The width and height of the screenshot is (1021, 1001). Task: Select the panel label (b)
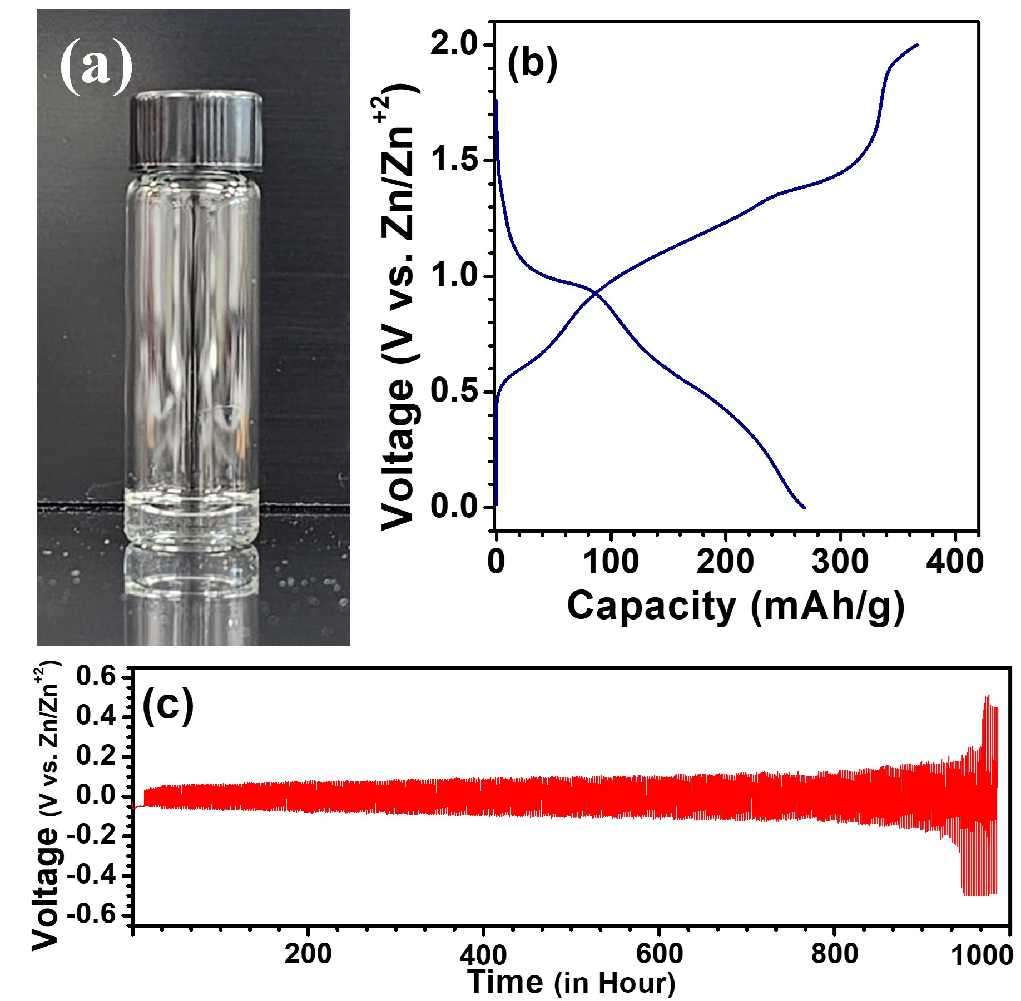click(x=532, y=63)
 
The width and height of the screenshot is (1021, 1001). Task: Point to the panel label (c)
click(x=168, y=705)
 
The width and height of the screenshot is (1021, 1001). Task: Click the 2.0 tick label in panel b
click(x=454, y=44)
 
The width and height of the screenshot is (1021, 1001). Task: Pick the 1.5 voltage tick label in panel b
click(x=454, y=160)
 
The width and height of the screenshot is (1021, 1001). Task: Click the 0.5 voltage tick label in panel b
click(x=454, y=392)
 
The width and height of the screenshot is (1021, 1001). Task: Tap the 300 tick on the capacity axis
click(x=840, y=562)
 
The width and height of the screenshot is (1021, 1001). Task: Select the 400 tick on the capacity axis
click(x=954, y=562)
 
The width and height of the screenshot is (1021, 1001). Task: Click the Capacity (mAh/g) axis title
click(x=735, y=606)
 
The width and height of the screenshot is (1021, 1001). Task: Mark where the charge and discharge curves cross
click(x=596, y=293)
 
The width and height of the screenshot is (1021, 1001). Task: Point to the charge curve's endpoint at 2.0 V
click(x=918, y=44)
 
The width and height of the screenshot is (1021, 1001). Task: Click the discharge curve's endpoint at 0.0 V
click(x=804, y=507)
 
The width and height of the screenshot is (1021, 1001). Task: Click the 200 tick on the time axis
click(x=308, y=954)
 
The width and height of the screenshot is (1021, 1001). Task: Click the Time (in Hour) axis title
click(x=571, y=982)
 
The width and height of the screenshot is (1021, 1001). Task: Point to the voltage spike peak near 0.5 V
click(x=987, y=696)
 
